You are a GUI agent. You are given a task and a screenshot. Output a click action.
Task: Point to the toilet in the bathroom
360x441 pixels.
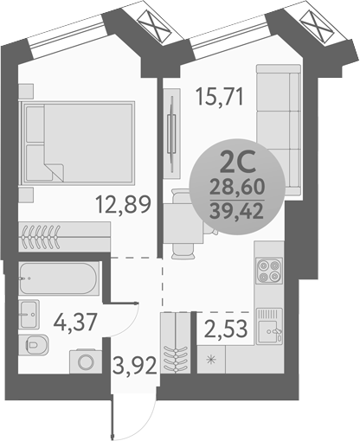pyautogui.click(x=36, y=344)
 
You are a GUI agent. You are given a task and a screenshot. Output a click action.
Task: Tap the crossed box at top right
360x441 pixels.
pyautogui.click(x=315, y=24)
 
